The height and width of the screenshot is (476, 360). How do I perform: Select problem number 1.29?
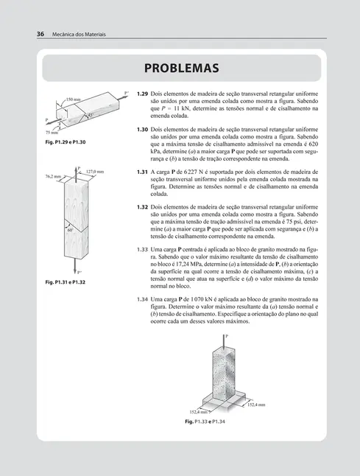coord(143,95)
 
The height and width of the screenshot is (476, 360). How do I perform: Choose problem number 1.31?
coord(143,172)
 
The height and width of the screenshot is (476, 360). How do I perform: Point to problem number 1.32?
coord(143,207)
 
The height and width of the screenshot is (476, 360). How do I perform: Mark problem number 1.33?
coord(143,249)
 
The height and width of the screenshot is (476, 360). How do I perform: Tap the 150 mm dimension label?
coord(73,99)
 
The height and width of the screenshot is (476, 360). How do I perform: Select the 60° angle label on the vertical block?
coord(71,230)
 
